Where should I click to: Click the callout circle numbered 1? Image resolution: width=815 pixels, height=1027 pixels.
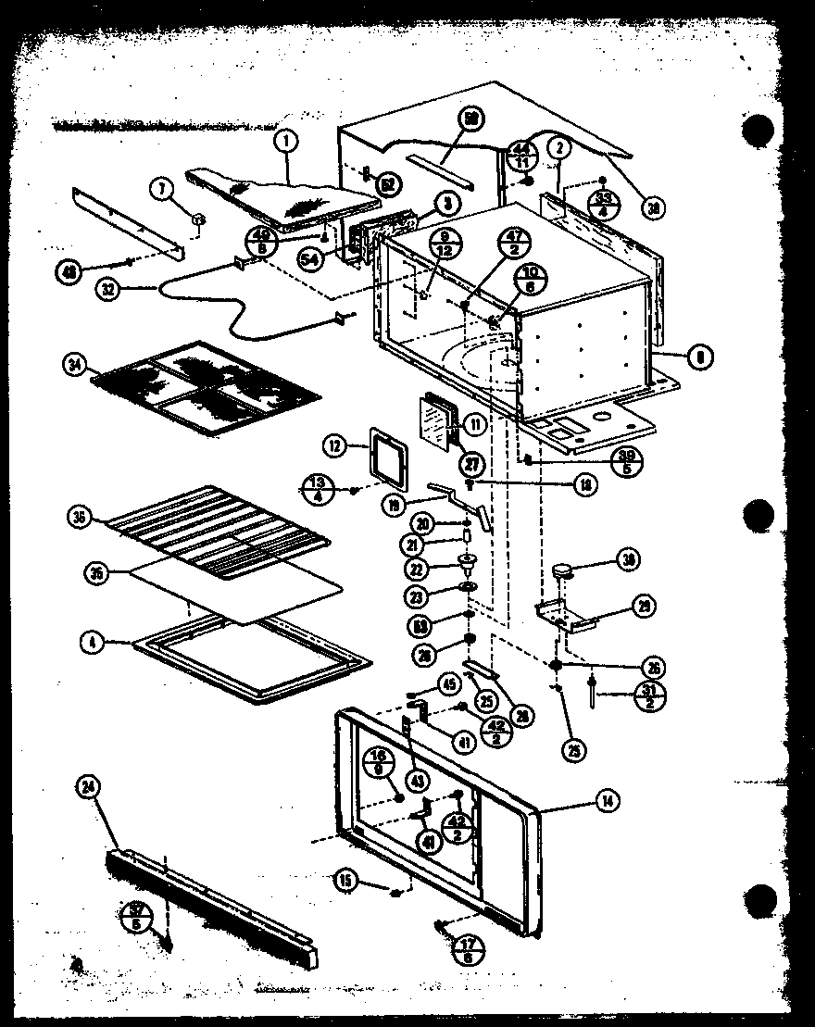coord(287,142)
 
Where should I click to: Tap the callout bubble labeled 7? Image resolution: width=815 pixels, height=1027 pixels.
coord(163,192)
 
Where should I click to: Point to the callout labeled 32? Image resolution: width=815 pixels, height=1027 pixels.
coord(108,288)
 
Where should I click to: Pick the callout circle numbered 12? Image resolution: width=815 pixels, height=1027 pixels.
coord(335,446)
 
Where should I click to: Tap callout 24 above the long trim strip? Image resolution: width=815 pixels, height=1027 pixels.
coord(88,789)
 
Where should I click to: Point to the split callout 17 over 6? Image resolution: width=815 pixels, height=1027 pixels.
coord(466,949)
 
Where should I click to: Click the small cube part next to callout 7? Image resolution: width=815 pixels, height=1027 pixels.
coord(198,219)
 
